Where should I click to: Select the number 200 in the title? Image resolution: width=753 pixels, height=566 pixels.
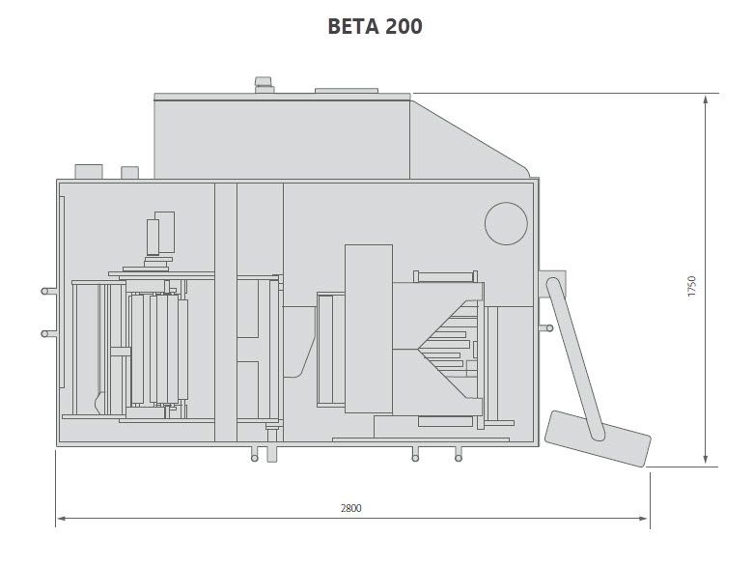(x=403, y=26)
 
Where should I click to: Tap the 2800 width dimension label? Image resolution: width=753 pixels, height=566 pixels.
(x=351, y=507)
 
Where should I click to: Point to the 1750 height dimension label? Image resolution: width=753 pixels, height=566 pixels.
(x=691, y=286)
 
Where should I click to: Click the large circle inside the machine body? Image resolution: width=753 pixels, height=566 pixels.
(x=506, y=224)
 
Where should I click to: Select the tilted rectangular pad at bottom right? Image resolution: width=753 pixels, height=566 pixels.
(x=598, y=439)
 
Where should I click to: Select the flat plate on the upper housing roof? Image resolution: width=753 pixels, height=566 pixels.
(x=346, y=91)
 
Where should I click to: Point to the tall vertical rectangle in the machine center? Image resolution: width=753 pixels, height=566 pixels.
(x=369, y=328)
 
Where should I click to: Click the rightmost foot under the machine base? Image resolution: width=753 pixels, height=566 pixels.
(x=458, y=454)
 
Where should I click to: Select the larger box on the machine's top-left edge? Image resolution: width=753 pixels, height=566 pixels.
(x=89, y=171)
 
